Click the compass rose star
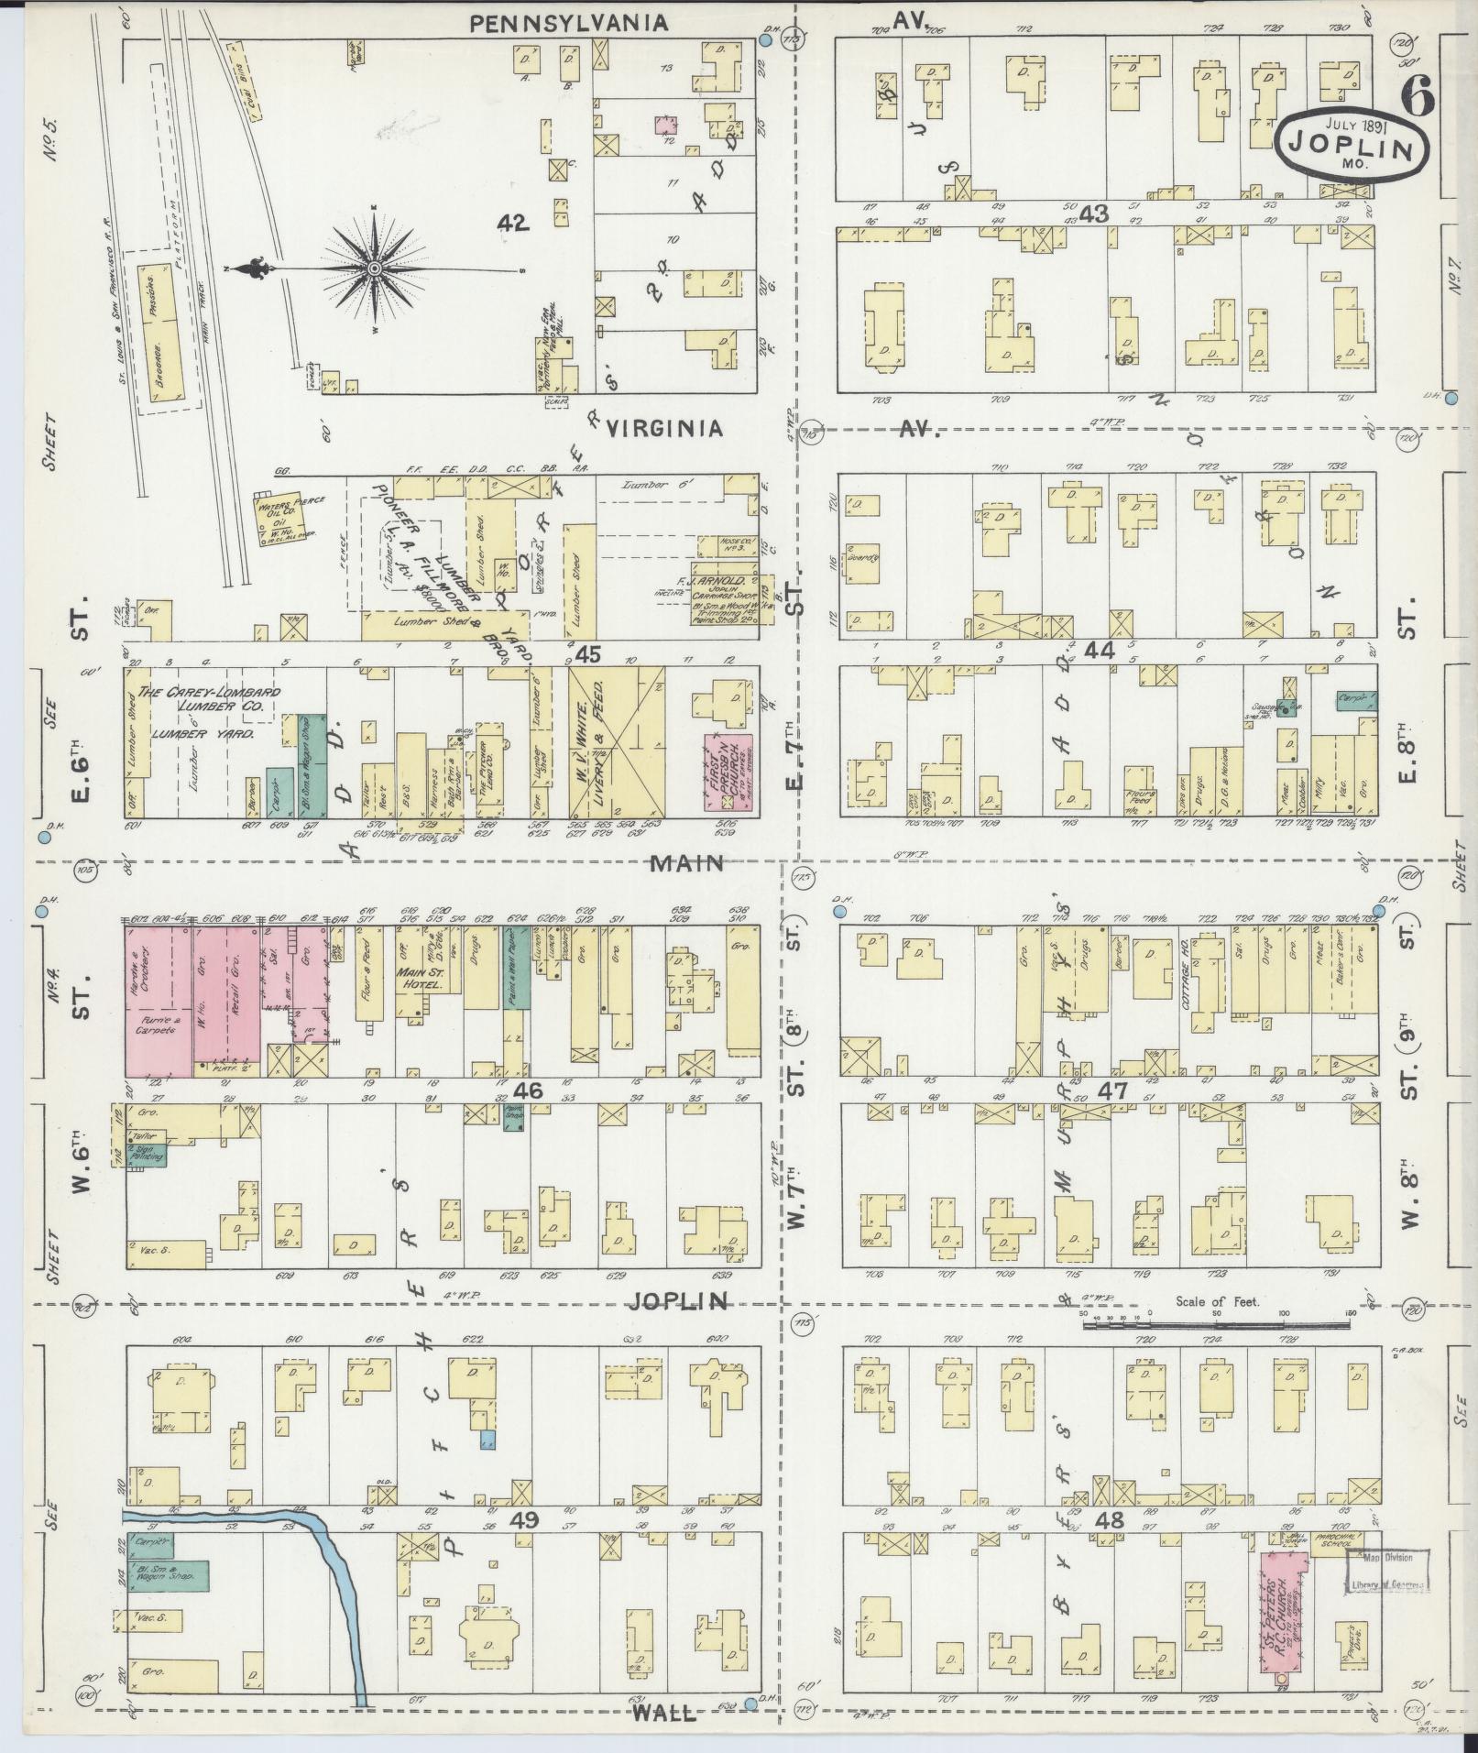tap(375, 268)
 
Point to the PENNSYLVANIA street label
tap(568, 24)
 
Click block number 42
tap(513, 222)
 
